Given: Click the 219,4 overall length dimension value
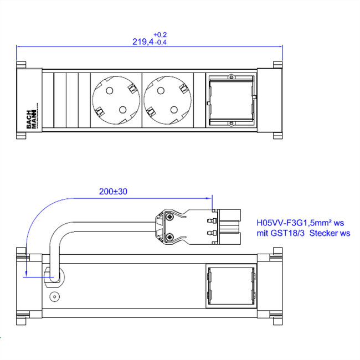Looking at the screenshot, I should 142,42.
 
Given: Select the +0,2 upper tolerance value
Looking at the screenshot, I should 160,34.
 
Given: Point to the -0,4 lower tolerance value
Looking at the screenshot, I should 162,43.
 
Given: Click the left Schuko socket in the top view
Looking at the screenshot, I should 115,100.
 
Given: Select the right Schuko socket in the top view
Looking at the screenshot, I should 167,100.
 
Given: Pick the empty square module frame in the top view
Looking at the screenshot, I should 232,100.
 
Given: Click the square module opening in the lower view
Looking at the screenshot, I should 232,286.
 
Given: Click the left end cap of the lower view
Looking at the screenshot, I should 22,286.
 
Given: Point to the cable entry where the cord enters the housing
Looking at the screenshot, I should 54,274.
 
